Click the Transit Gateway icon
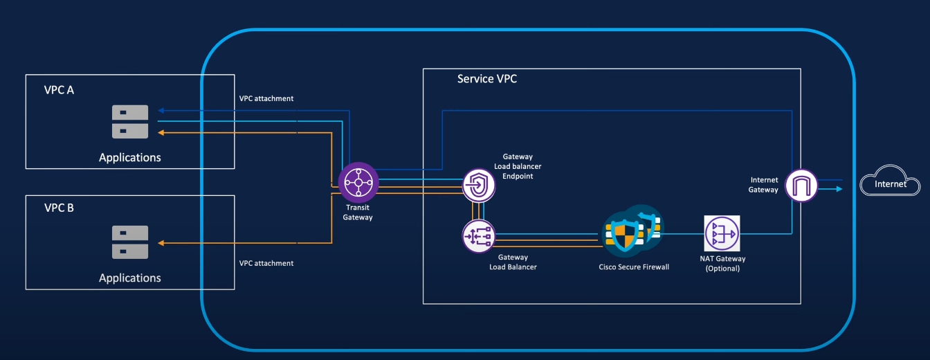tap(358, 183)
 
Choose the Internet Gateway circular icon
tap(801, 185)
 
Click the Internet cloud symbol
tap(890, 184)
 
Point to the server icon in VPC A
tap(130, 121)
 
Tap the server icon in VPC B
tap(130, 242)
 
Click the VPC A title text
tap(59, 90)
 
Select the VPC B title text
tap(59, 207)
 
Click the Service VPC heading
tap(486, 79)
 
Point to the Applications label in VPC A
tap(129, 157)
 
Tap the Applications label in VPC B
tap(129, 278)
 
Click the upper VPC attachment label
tap(266, 98)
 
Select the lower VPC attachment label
tap(266, 263)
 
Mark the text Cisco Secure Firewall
tap(634, 267)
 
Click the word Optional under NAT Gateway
tap(723, 269)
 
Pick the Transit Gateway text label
tap(358, 212)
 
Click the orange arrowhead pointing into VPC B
tap(161, 242)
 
